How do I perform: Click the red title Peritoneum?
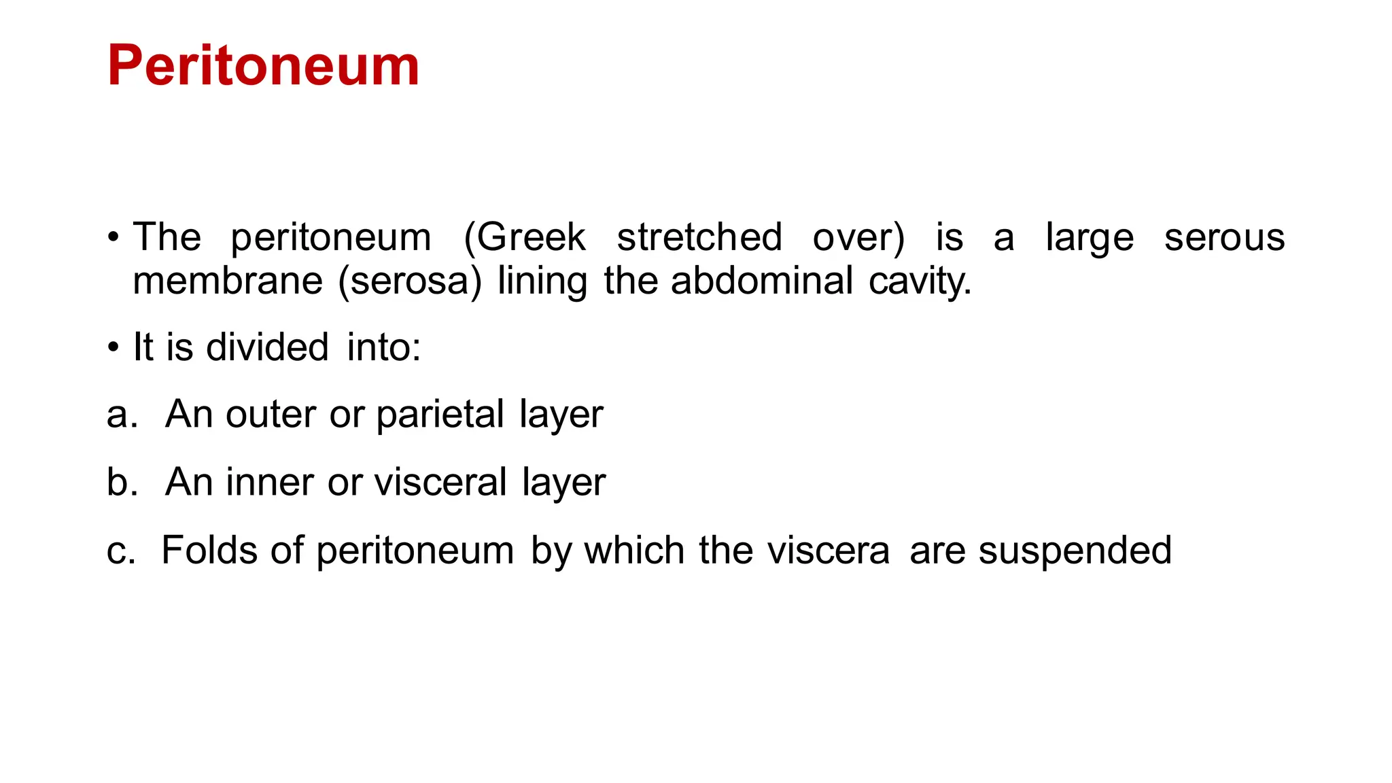pos(263,66)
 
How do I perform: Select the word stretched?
pos(699,237)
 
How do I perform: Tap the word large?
pos(1090,239)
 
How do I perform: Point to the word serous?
pos(1224,237)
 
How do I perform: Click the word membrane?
pos(228,281)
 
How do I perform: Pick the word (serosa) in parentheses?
pos(410,281)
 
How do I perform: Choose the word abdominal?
pos(761,281)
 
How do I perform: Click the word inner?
pos(270,482)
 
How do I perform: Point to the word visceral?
pos(440,482)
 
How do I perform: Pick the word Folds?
pos(209,550)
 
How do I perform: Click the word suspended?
pos(1075,551)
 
